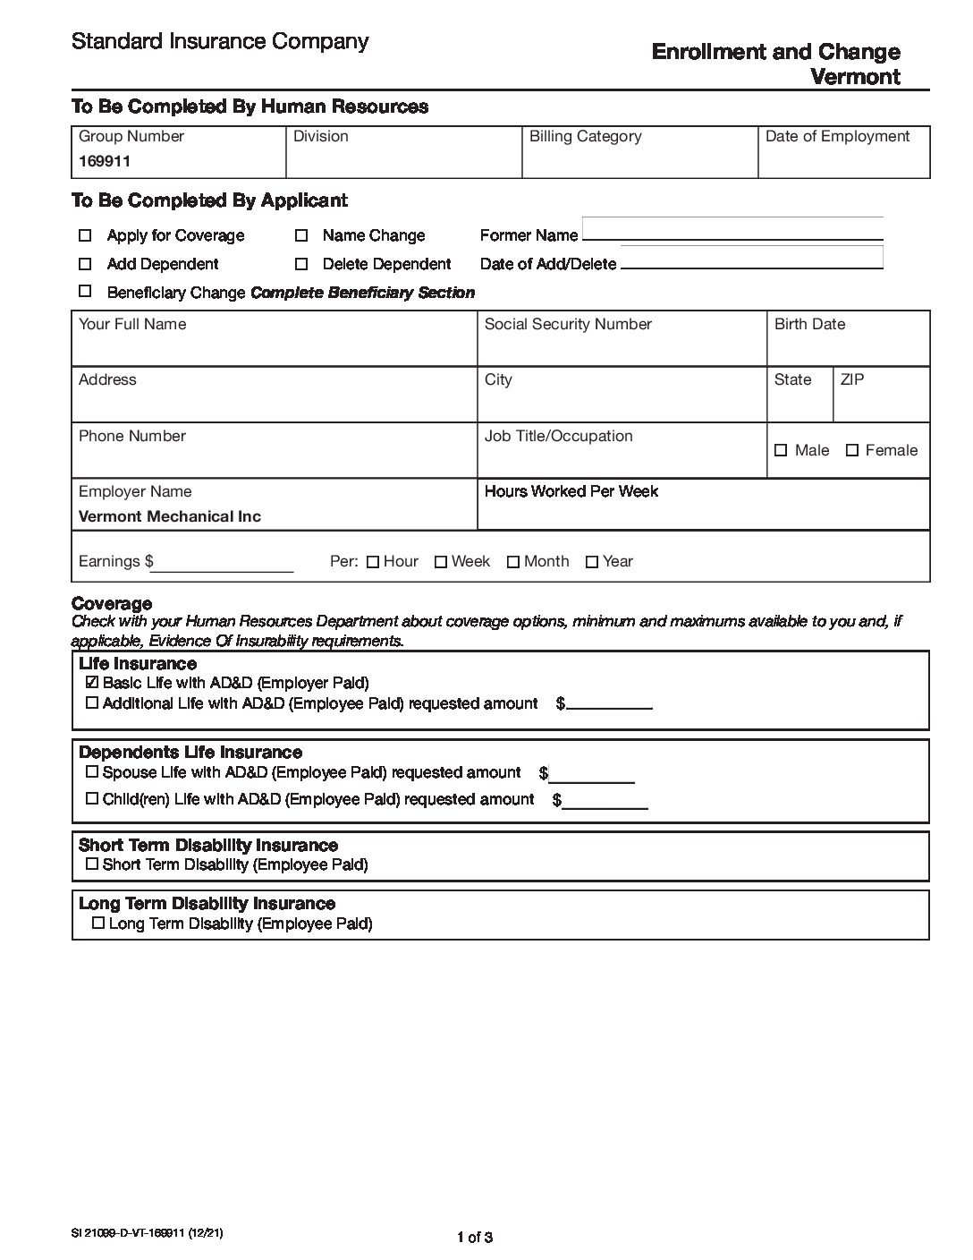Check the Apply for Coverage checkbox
point(85,235)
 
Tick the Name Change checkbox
point(301,235)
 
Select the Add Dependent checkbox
point(85,264)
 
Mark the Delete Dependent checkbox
point(301,264)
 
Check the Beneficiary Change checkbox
point(85,291)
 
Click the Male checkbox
point(781,450)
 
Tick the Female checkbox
point(852,450)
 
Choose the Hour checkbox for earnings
point(373,562)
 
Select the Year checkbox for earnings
point(591,562)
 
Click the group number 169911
point(105,162)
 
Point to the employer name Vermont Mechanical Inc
point(170,516)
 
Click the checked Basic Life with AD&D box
point(91,683)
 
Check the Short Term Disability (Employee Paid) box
point(91,864)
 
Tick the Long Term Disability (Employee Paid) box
point(98,923)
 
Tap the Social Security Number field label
point(568,324)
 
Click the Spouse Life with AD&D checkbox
point(91,772)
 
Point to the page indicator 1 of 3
point(475,1238)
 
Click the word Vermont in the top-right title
point(855,76)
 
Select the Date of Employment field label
point(837,136)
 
